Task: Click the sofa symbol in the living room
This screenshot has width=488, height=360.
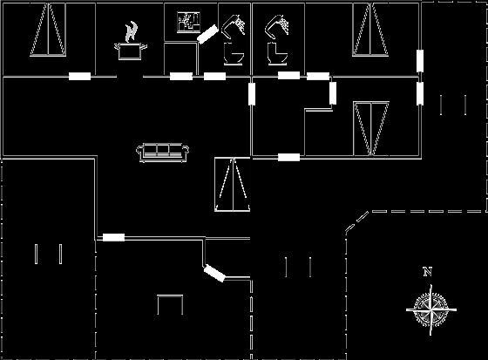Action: click(x=162, y=153)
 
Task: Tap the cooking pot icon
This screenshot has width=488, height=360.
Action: click(x=131, y=51)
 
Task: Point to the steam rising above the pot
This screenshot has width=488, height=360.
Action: click(x=132, y=31)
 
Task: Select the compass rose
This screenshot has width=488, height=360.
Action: click(x=431, y=309)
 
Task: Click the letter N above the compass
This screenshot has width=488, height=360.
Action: click(x=428, y=272)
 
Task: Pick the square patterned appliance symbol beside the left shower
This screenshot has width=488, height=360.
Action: click(x=188, y=23)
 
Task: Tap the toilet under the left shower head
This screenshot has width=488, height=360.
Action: click(x=234, y=54)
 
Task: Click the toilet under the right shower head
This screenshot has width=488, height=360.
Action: click(x=277, y=54)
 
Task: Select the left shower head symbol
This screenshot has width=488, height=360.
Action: click(x=234, y=25)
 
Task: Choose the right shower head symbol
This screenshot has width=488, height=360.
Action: click(x=277, y=25)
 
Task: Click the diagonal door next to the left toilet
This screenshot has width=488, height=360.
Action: click(x=207, y=34)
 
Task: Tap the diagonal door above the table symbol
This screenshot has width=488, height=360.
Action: click(x=214, y=273)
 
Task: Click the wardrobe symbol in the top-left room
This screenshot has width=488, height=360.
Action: click(x=48, y=30)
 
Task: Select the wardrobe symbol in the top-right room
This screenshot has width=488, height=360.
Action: click(x=370, y=30)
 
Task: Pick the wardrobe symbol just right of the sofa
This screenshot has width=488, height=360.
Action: click(x=233, y=185)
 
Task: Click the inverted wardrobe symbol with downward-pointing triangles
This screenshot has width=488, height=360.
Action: click(x=371, y=128)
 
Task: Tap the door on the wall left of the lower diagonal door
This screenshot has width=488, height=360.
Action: click(x=114, y=237)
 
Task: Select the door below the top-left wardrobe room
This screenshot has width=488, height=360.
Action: click(x=79, y=77)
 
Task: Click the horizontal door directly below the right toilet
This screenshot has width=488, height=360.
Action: click(x=288, y=75)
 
